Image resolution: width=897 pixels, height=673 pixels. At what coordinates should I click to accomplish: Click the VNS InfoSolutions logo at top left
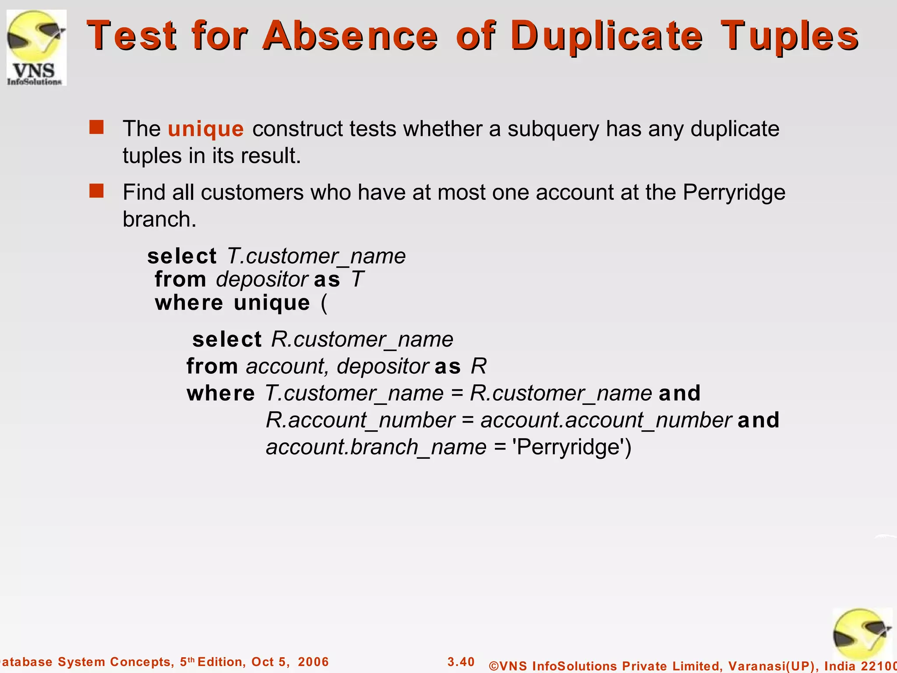(x=36, y=47)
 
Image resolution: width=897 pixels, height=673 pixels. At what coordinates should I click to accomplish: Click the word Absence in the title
(x=350, y=36)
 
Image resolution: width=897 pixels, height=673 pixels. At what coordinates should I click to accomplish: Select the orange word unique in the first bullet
(x=205, y=129)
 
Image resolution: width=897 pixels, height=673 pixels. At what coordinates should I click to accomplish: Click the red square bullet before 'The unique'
(x=96, y=128)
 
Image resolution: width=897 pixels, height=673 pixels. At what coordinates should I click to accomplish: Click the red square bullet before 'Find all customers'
(x=96, y=191)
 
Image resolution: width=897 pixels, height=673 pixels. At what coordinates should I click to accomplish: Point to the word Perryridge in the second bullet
(x=734, y=193)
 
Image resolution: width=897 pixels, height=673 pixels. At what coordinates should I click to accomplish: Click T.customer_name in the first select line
(x=316, y=256)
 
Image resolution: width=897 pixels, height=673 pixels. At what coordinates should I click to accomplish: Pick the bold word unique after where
(x=272, y=303)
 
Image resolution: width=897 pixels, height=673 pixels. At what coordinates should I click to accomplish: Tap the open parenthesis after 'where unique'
(x=324, y=303)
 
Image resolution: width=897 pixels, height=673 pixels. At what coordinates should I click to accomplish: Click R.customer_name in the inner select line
(x=362, y=340)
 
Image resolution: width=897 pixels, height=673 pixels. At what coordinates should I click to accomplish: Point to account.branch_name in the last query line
(x=376, y=447)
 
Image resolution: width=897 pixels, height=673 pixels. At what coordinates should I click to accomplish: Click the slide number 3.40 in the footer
(x=461, y=662)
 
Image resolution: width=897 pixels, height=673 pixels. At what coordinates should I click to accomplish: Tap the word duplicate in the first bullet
(x=735, y=129)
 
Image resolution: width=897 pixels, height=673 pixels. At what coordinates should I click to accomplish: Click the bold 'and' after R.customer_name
(x=679, y=393)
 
